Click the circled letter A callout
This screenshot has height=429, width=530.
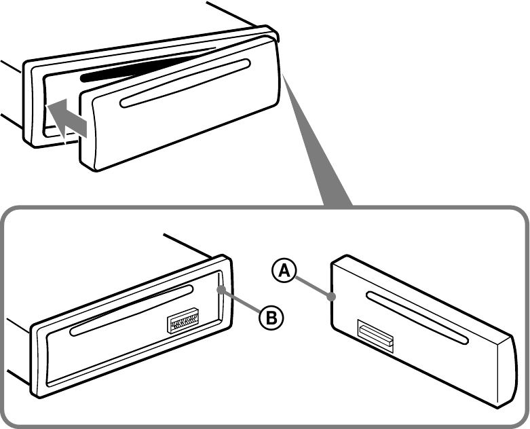[284, 271]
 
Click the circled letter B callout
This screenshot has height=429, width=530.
[271, 318]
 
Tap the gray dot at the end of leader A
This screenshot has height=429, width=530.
[332, 297]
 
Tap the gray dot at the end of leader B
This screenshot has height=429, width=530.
[221, 290]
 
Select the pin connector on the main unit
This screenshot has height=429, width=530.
[183, 320]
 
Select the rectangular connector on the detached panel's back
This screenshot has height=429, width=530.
[375, 336]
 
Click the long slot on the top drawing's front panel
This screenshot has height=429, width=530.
[185, 83]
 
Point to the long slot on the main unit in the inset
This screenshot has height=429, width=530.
[132, 310]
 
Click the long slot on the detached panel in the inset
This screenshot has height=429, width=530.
[417, 318]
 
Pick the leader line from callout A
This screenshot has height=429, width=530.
[313, 286]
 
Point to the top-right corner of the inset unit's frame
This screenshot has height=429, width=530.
[227, 257]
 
